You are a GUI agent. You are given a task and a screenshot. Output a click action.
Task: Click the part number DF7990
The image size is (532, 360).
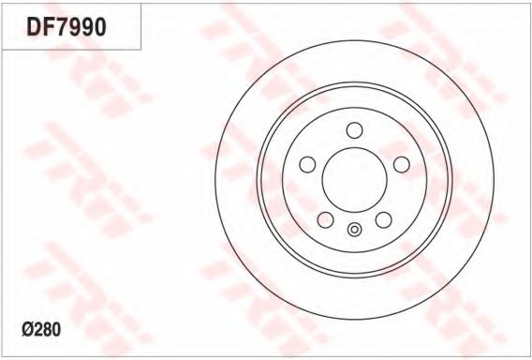pyautogui.click(x=66, y=27)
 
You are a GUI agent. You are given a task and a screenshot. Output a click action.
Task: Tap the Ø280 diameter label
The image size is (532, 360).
pyautogui.click(x=41, y=329)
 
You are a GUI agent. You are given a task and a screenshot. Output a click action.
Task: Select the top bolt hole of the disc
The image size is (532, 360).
pyautogui.click(x=355, y=130)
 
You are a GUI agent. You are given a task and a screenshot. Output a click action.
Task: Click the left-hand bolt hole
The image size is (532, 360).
pyautogui.click(x=308, y=164)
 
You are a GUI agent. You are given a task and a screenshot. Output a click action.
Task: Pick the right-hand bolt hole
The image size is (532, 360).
pyautogui.click(x=402, y=164)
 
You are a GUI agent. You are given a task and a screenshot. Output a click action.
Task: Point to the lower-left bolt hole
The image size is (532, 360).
pyautogui.click(x=326, y=219)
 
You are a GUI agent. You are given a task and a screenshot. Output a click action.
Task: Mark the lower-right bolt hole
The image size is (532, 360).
pyautogui.click(x=384, y=219)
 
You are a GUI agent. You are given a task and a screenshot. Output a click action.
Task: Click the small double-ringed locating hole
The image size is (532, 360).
pyautogui.click(x=355, y=230)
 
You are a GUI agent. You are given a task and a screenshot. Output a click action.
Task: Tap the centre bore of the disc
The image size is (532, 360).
pyautogui.click(x=355, y=180)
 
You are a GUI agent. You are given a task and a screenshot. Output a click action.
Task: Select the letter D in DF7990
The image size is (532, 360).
pyautogui.click(x=34, y=27)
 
